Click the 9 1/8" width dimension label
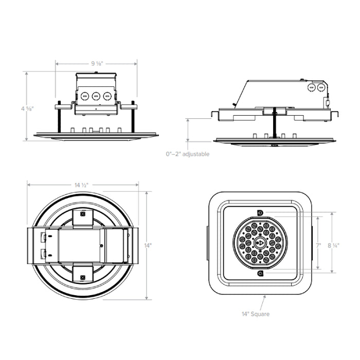pos(97,63)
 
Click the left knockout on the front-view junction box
pos(84,96)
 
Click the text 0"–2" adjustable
pos(188,154)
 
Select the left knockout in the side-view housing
pos(311,88)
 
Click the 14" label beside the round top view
pos(148,246)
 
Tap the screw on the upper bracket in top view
pos(82,213)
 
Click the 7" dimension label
pos(319,246)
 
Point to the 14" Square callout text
pos(256,314)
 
